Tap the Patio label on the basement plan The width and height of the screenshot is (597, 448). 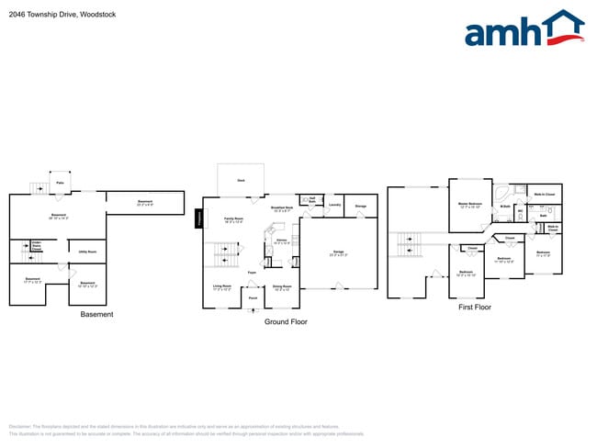pyautogui.click(x=60, y=184)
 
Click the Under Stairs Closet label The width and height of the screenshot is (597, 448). pyautogui.click(x=38, y=247)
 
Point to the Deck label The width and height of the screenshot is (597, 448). pyautogui.click(x=241, y=181)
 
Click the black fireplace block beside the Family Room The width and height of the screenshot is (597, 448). pyautogui.click(x=197, y=218)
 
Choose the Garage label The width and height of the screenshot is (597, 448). pyautogui.click(x=338, y=251)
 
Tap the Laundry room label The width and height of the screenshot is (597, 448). pyautogui.click(x=335, y=205)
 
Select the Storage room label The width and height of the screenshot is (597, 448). pyautogui.click(x=362, y=206)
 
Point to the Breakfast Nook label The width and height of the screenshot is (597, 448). pyautogui.click(x=282, y=208)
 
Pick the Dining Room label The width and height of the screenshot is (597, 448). pyautogui.click(x=282, y=287)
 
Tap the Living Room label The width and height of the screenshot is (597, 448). pyautogui.click(x=222, y=286)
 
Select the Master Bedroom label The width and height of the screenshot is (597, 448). pyautogui.click(x=471, y=204)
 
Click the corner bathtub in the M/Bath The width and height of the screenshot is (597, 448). pyautogui.click(x=502, y=194)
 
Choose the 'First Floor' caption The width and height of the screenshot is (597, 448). pyautogui.click(x=475, y=307)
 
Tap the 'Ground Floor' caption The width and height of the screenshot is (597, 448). pyautogui.click(x=286, y=322)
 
